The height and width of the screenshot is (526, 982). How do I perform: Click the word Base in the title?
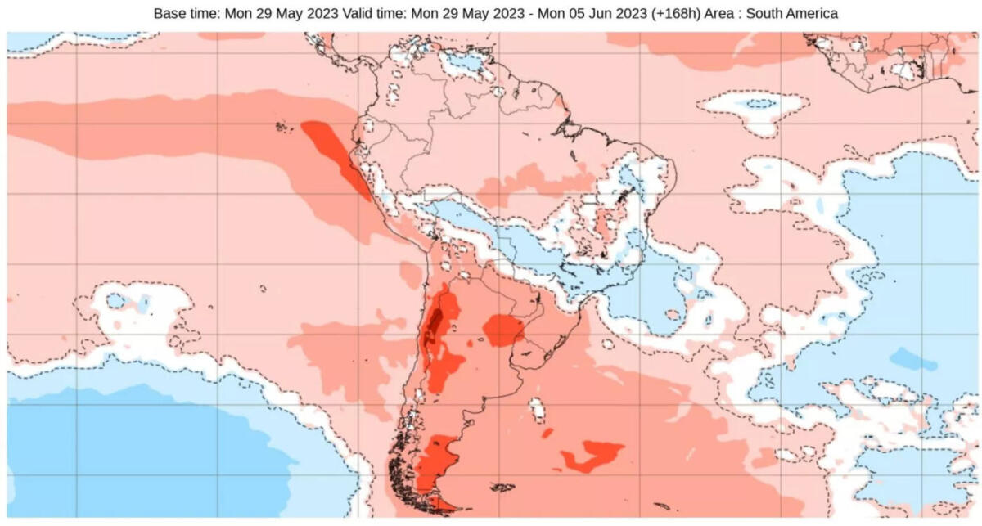click(x=169, y=14)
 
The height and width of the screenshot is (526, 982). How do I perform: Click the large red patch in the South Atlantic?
click(x=591, y=455)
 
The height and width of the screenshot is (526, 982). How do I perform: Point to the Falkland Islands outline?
click(x=502, y=488)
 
